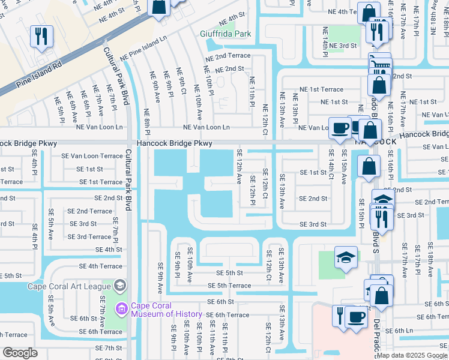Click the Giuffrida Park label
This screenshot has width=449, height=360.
[226, 34]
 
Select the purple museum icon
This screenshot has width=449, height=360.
[122, 309]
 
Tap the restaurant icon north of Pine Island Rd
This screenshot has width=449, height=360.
[41, 35]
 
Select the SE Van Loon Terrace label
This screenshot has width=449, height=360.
[91, 156]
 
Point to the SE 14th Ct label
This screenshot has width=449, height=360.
[331, 164]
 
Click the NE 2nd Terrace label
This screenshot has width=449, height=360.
[228, 55]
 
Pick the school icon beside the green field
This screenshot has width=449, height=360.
[346, 257]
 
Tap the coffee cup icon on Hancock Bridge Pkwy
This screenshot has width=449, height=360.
[340, 128]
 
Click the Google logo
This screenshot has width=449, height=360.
[20, 353]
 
